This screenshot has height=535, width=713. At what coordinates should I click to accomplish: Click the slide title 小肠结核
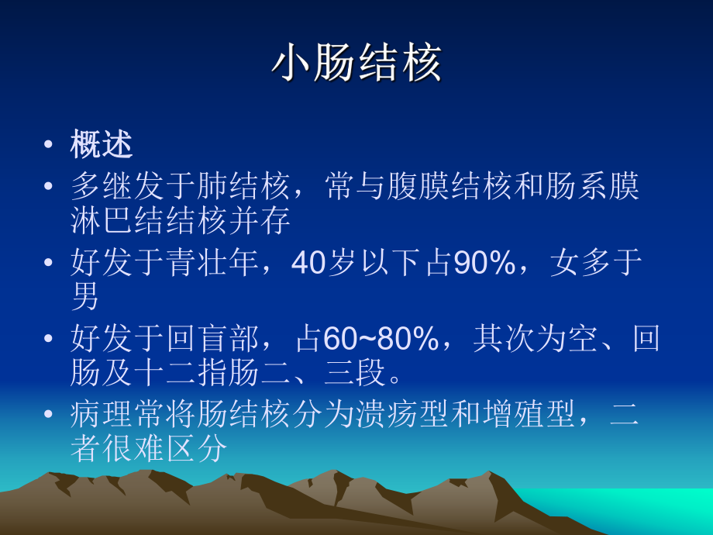[356, 64]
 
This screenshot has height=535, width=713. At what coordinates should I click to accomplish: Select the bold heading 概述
[102, 145]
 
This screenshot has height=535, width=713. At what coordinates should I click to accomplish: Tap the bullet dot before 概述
[49, 146]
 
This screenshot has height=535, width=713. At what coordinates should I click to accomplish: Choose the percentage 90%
[484, 263]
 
